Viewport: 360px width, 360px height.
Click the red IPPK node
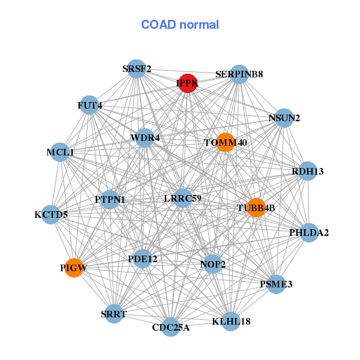click(187, 83)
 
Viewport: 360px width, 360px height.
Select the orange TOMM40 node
click(225, 142)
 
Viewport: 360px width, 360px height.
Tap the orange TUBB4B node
click(256, 208)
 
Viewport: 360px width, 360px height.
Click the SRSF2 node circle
click(137, 69)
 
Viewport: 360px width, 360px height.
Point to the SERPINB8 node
click(239, 74)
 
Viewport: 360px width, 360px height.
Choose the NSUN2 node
click(284, 118)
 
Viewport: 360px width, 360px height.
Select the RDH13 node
click(308, 171)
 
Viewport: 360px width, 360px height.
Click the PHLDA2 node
click(309, 232)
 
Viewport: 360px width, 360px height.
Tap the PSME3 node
click(276, 284)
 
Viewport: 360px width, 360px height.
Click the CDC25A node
click(171, 326)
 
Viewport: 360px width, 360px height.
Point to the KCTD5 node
click(50, 214)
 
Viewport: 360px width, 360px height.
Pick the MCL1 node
click(60, 152)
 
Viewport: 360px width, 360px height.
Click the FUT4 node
click(89, 106)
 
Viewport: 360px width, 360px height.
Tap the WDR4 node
click(145, 138)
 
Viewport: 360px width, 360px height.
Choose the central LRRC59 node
click(182, 197)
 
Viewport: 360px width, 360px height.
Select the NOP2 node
click(212, 264)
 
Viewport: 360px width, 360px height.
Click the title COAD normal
click(180, 25)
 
